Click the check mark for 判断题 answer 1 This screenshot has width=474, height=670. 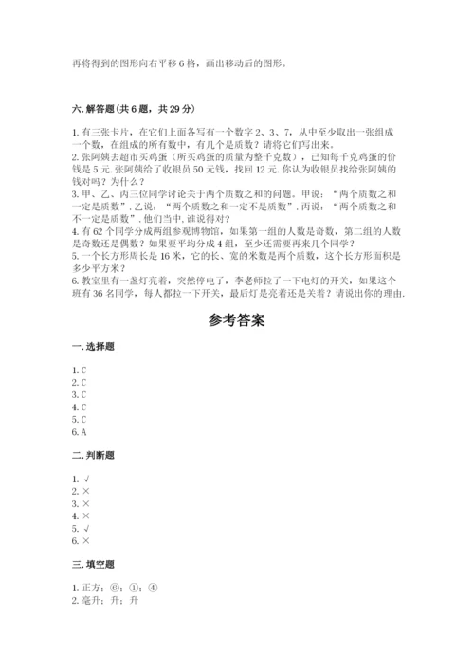(86, 480)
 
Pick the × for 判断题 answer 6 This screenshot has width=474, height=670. (86, 539)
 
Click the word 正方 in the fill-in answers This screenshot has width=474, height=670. (93, 587)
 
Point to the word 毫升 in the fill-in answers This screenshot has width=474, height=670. (93, 599)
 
